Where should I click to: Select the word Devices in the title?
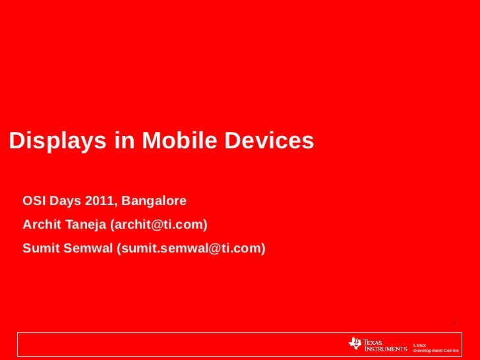[270, 140]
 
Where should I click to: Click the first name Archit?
[42, 225]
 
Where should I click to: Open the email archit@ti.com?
[159, 225]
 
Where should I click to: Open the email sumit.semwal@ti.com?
[191, 249]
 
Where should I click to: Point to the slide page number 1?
[455, 323]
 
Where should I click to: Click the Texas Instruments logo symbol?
[355, 344]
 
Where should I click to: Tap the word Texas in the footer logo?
[375, 340]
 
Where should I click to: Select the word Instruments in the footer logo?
[386, 347]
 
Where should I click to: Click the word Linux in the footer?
[419, 345]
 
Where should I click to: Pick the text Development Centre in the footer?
[435, 351]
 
